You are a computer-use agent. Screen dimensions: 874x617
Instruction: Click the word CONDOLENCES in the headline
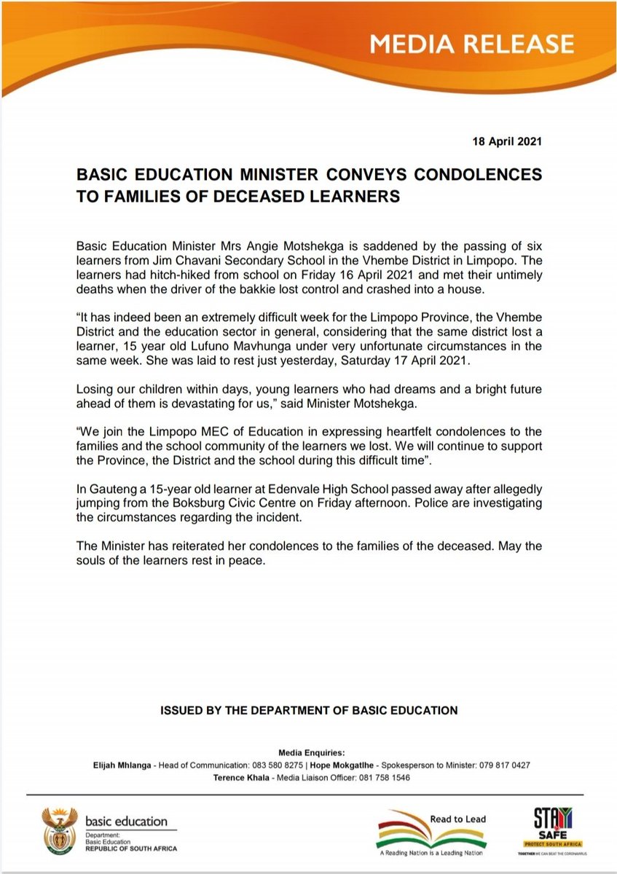click(481, 176)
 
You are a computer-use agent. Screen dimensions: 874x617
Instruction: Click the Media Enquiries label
click(309, 752)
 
